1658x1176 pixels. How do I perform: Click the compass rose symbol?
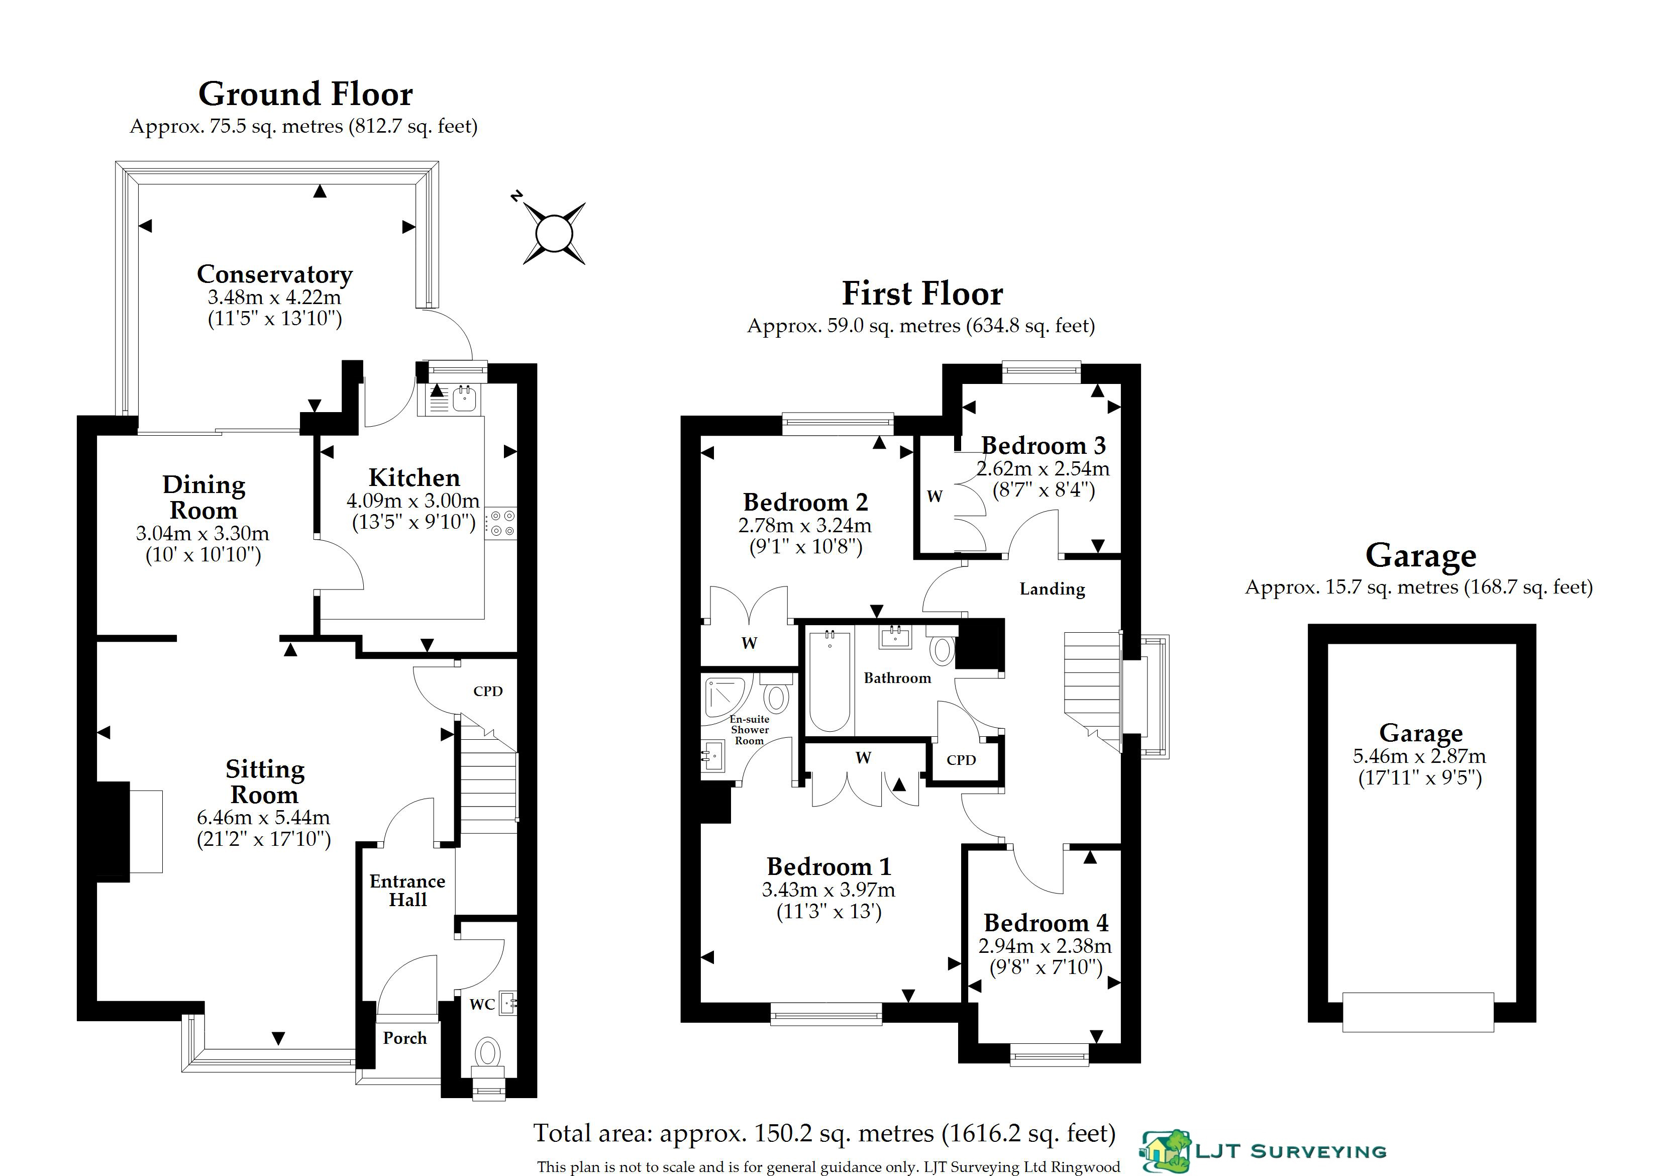pyautogui.click(x=554, y=233)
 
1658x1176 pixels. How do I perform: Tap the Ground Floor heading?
pyautogui.click(x=305, y=94)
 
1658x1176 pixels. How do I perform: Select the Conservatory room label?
pyautogui.click(x=275, y=274)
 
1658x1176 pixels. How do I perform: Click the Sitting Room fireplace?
pyautogui.click(x=130, y=831)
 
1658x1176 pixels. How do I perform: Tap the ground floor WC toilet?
pyautogui.click(x=488, y=1059)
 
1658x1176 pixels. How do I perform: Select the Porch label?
pyautogui.click(x=405, y=1038)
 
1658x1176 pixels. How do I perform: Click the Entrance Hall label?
pyautogui.click(x=407, y=891)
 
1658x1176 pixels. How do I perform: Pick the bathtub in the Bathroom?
pyautogui.click(x=829, y=680)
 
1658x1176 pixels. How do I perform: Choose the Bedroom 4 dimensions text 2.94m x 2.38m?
pyautogui.click(x=1045, y=946)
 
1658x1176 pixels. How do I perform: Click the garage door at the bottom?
pyautogui.click(x=1418, y=1012)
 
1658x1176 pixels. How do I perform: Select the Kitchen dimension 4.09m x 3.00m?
pyautogui.click(x=412, y=501)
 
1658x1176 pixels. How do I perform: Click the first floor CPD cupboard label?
pyautogui.click(x=962, y=759)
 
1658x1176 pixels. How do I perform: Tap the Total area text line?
pyautogui.click(x=824, y=1133)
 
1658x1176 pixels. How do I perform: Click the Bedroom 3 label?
pyautogui.click(x=1044, y=445)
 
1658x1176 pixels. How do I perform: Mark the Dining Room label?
pyautogui.click(x=203, y=498)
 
